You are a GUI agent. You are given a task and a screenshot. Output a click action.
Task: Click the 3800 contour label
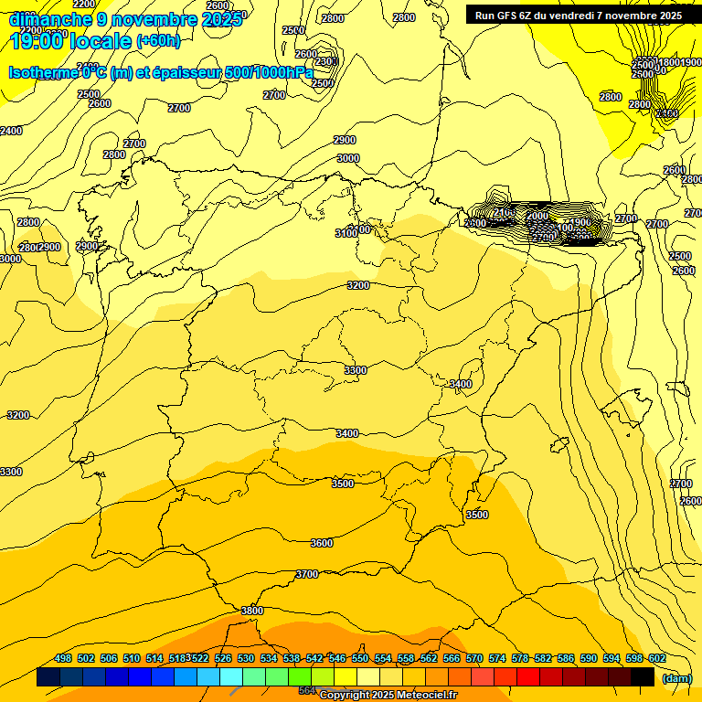pyautogui.click(x=251, y=611)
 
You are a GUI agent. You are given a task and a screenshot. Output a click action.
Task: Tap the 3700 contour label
pyautogui.click(x=307, y=574)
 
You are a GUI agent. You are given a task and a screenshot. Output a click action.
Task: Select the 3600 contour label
pyautogui.click(x=321, y=543)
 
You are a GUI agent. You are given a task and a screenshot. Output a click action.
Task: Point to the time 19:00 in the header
pyautogui.click(x=36, y=40)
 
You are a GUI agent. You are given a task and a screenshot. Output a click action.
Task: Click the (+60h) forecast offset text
pyautogui.click(x=158, y=41)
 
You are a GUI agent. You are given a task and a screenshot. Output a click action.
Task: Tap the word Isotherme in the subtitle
pyautogui.click(x=43, y=73)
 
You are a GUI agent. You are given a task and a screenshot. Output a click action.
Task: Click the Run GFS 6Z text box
pyautogui.click(x=579, y=15)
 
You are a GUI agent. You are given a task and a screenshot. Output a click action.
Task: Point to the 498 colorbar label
pyautogui.click(x=63, y=658)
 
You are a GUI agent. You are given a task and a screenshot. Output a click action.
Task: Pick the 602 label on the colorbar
pyautogui.click(x=657, y=658)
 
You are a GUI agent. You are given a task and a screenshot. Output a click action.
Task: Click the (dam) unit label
pyautogui.click(x=675, y=677)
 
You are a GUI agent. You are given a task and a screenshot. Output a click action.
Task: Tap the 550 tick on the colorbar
pyautogui.click(x=360, y=658)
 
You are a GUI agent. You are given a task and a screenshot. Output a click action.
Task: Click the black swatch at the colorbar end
pyautogui.click(x=642, y=676)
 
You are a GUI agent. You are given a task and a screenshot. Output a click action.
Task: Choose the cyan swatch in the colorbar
pyautogui.click(x=230, y=676)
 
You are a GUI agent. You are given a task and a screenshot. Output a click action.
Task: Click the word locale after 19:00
pyautogui.click(x=101, y=40)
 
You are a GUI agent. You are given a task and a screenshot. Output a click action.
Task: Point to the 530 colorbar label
pyautogui.click(x=246, y=658)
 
